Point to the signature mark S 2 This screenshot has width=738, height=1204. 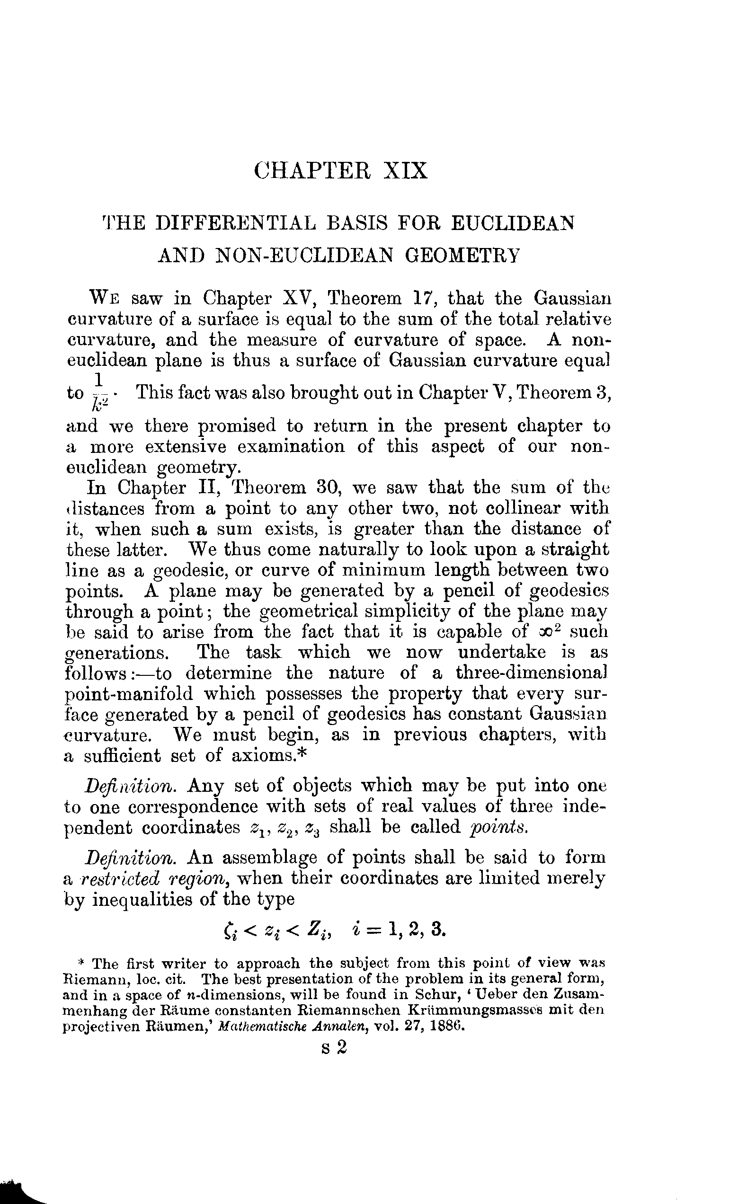(x=334, y=1048)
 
